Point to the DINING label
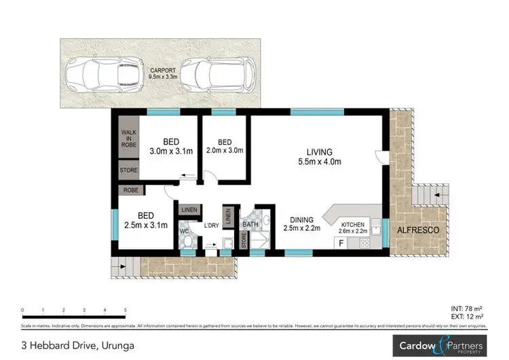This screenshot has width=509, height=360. (301, 220)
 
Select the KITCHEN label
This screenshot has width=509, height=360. (353, 225)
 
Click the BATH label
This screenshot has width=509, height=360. (250, 223)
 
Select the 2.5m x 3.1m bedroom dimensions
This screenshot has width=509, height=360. (147, 225)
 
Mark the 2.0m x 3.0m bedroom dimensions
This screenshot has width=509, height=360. (223, 151)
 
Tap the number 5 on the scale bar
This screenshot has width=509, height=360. (126, 310)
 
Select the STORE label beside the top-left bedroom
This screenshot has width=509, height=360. (128, 170)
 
